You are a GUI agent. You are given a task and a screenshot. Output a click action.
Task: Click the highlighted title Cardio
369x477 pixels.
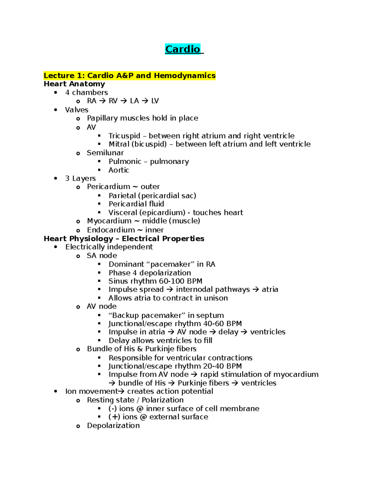click(183, 49)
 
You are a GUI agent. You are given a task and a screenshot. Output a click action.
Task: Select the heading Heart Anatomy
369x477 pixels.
click(74, 84)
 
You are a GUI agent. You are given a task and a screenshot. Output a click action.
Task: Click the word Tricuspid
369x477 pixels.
click(124, 136)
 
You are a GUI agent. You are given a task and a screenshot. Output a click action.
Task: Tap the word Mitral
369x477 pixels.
click(119, 144)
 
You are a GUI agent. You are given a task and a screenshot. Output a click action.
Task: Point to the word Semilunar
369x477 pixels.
click(105, 153)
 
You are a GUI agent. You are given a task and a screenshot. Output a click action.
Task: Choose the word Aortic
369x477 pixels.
click(119, 170)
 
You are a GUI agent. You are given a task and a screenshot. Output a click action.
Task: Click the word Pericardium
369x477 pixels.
click(108, 187)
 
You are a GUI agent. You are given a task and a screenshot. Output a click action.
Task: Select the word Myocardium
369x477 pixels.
click(109, 221)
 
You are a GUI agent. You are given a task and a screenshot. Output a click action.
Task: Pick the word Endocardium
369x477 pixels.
click(111, 230)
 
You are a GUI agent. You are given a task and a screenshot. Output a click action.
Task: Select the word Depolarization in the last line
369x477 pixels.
click(113, 426)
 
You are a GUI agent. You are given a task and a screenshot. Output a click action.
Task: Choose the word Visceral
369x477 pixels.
click(123, 213)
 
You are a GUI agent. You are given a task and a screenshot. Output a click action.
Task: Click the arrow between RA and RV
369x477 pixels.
click(102, 101)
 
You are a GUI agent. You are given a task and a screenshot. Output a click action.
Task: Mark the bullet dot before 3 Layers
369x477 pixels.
click(56, 178)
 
